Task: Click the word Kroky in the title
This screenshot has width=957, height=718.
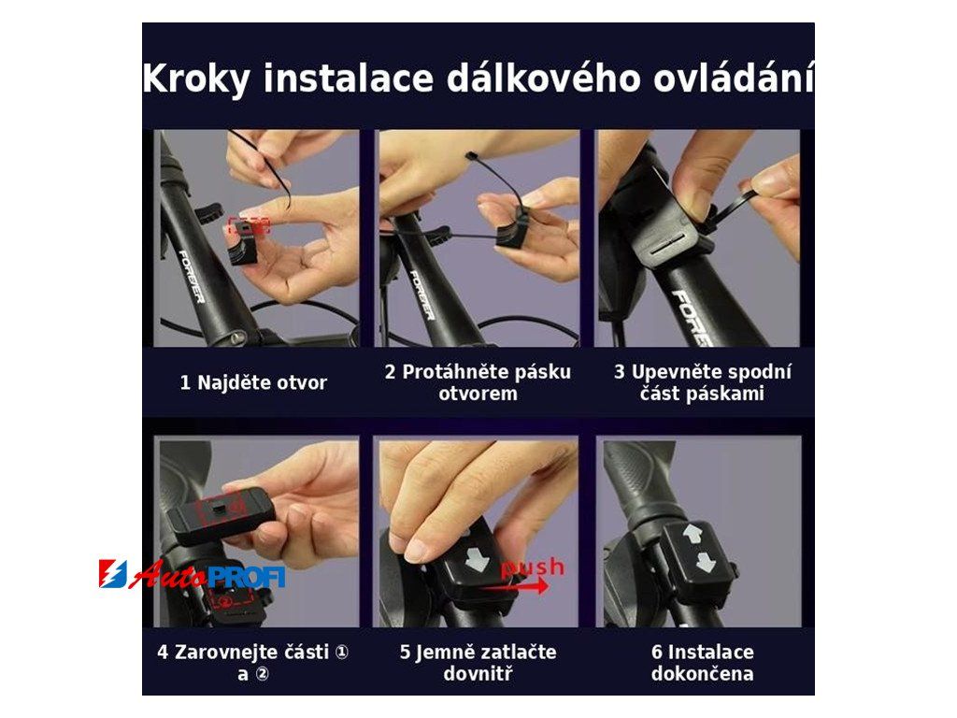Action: (x=196, y=79)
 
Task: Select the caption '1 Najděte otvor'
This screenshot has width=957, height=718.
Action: (x=253, y=382)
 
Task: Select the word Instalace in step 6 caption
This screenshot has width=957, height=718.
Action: (x=711, y=652)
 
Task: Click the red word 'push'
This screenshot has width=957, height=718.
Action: (x=532, y=567)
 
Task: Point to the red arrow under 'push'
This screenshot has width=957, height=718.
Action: (x=516, y=586)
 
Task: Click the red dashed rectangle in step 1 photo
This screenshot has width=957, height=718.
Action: (x=249, y=225)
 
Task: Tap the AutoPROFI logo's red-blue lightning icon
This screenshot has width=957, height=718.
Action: (x=113, y=574)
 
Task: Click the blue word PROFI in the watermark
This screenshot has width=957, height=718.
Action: (x=247, y=576)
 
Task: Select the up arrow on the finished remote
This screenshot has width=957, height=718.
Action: (x=693, y=535)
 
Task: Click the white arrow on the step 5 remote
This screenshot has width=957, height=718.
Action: (x=477, y=559)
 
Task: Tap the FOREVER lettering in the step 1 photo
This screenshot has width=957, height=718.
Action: (x=192, y=276)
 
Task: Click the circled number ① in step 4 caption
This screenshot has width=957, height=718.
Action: (x=342, y=652)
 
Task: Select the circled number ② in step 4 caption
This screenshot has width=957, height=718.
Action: (x=262, y=674)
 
